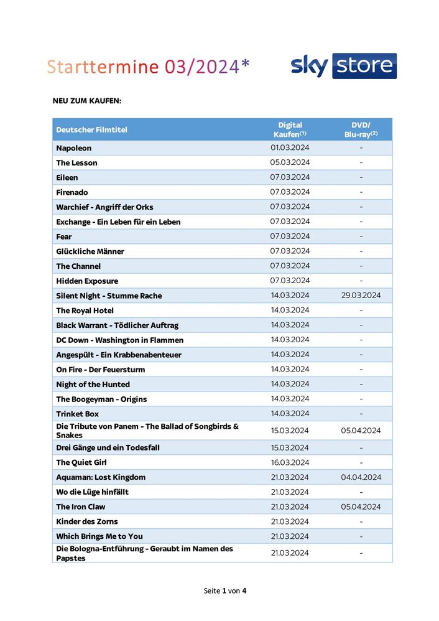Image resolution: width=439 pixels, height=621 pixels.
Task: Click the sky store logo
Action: [343, 66]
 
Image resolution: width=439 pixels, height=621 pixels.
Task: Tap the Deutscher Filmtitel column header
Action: [91, 129]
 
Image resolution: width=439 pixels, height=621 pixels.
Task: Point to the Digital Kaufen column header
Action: [290, 129]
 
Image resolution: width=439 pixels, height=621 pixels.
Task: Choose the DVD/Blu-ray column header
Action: [361, 129]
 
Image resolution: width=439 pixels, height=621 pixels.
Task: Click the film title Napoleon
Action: [74, 148]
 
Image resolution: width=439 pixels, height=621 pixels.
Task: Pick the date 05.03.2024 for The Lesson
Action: [290, 162]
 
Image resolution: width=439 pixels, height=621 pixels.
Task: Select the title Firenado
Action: [72, 192]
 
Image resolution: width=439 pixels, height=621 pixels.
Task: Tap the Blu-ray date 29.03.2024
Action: [361, 296]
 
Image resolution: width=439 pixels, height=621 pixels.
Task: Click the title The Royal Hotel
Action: [85, 310]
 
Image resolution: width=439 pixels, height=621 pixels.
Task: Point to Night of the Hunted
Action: [93, 385]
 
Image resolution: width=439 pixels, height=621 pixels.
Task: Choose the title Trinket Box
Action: [78, 414]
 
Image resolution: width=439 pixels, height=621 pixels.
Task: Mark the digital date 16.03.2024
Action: [290, 462]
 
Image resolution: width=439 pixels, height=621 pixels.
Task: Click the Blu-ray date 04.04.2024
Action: [361, 477]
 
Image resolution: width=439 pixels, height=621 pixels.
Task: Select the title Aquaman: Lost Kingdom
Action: [101, 477]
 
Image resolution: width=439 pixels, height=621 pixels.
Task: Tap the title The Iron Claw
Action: [81, 507]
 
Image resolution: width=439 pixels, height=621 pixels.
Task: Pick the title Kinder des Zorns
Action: [87, 521]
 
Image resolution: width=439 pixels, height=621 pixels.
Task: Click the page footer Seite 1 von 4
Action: [225, 590]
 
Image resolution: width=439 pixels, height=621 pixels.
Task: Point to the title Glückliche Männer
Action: [90, 251]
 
